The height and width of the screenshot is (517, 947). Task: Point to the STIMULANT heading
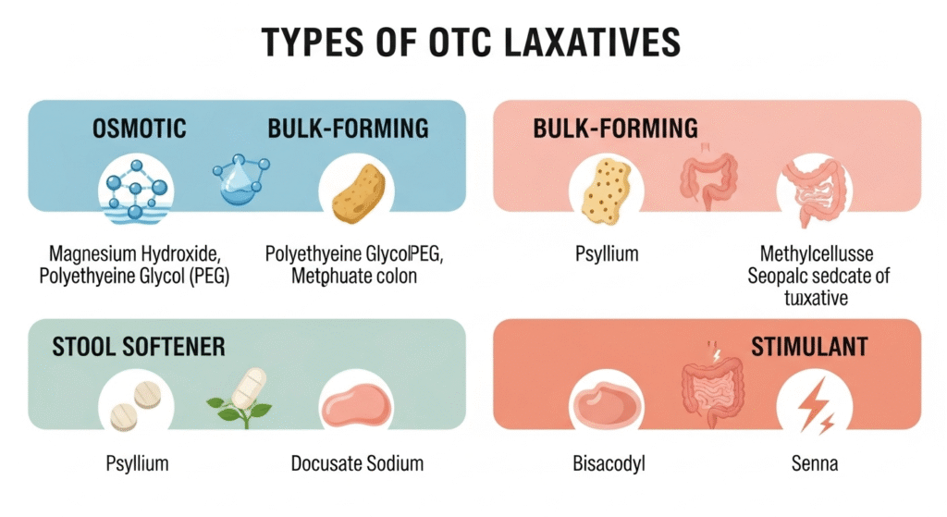tap(809, 347)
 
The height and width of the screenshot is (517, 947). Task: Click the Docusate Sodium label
tap(357, 462)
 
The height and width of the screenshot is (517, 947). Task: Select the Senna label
tap(815, 462)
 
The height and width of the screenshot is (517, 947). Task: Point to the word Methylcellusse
tap(814, 252)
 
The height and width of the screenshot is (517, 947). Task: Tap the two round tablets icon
tap(135, 407)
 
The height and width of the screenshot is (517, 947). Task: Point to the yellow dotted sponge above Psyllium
tap(606, 191)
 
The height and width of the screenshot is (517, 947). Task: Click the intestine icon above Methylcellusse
tap(814, 191)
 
